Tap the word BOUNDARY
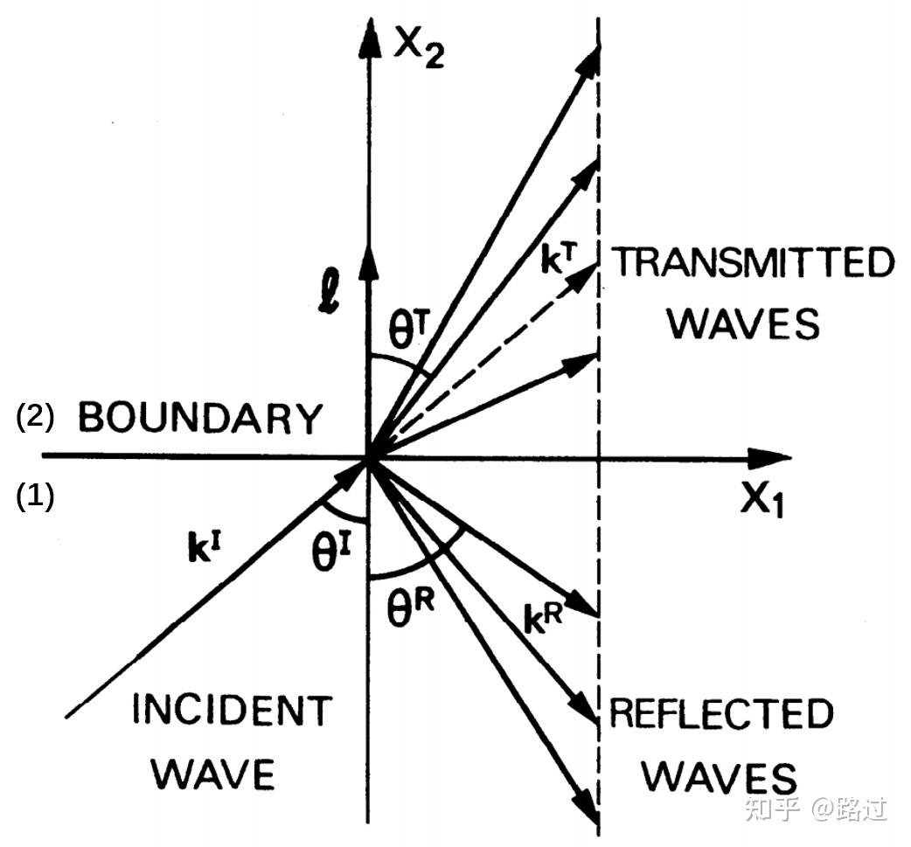click(200, 420)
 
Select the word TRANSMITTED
click(752, 263)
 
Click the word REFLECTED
click(721, 714)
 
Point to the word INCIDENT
click(232, 711)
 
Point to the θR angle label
click(411, 605)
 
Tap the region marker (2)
click(35, 419)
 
